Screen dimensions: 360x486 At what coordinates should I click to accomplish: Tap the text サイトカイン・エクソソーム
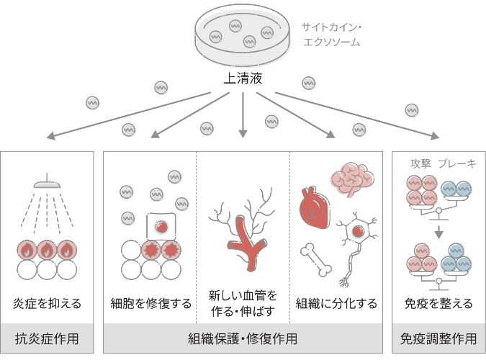331,35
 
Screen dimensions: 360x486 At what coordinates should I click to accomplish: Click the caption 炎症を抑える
48,303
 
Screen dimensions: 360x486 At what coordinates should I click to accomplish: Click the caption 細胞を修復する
151,303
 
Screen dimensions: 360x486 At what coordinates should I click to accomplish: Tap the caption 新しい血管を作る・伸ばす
243,303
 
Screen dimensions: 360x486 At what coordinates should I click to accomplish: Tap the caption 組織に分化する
336,303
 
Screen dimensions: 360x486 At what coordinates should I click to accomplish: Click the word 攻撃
420,163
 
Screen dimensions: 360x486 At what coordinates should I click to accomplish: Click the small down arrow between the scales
438,232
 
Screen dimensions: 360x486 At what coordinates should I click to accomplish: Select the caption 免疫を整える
438,303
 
